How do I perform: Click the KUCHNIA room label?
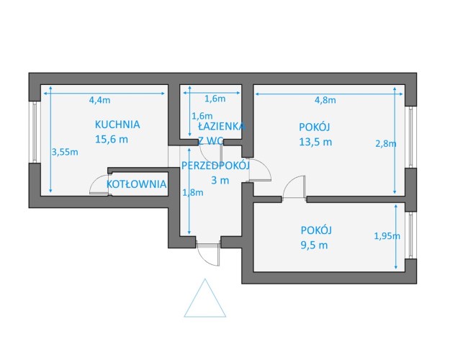coord(117,125)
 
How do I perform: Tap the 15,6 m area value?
coord(112,140)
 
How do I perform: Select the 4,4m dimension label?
coord(99,100)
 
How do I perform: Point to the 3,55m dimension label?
coord(65,152)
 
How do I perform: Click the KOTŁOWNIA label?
coord(137,184)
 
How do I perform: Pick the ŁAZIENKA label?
coord(221,126)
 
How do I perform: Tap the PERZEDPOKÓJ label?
coord(215,166)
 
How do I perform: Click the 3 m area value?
coord(220,181)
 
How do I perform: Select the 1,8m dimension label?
coord(193,192)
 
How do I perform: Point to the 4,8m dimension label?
coord(325,100)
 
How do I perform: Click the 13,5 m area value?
coord(315,142)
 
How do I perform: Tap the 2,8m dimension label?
coord(386,143)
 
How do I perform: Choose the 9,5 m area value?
coord(314,246)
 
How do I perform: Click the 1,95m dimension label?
coord(387,236)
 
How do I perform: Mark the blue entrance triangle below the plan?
coord(205,298)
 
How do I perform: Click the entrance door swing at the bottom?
coord(209,255)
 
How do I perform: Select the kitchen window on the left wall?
coord(35,132)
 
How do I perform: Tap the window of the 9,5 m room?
coord(411,235)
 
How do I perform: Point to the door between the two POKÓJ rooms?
coord(294,187)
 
